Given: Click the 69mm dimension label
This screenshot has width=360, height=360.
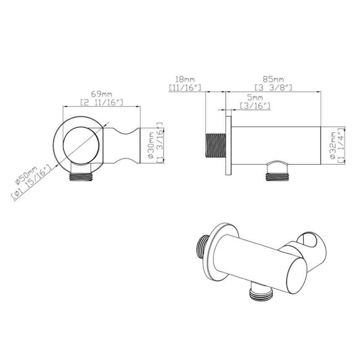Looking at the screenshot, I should pyautogui.click(x=101, y=94).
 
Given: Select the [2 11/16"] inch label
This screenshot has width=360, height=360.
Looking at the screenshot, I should pyautogui.click(x=101, y=102).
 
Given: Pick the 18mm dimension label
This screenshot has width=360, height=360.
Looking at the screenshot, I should pyautogui.click(x=186, y=79).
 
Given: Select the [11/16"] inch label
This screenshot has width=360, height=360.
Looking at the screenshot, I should pyautogui.click(x=186, y=87).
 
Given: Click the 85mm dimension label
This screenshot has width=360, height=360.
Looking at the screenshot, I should pyautogui.click(x=273, y=79).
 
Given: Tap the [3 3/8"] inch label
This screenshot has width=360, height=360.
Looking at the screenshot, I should pyautogui.click(x=273, y=87).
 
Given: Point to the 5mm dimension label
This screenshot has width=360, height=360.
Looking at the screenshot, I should pyautogui.click(x=254, y=99).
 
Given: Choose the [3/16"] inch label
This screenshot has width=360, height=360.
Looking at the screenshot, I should pyautogui.click(x=254, y=107).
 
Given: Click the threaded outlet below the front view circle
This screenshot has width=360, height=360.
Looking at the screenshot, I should pyautogui.click(x=82, y=176).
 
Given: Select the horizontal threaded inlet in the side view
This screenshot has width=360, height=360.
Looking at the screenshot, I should pyautogui.click(x=215, y=146).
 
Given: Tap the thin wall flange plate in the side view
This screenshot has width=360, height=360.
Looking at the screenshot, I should pyautogui.click(x=229, y=146).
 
